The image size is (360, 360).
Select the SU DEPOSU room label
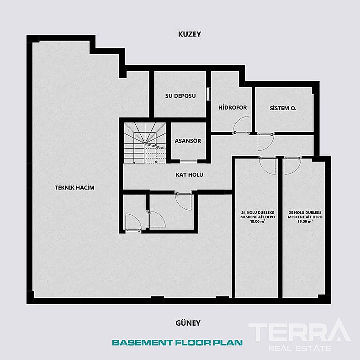180,96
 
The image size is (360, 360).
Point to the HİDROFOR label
233,107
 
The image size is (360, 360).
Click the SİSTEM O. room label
283,108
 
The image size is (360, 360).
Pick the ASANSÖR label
188,141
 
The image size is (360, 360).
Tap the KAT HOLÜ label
190,175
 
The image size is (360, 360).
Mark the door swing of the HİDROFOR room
241,125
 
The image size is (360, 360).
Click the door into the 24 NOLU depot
268,165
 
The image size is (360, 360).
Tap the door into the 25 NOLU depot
291,165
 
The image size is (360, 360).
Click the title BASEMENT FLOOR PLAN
177,342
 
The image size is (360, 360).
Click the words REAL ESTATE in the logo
299,349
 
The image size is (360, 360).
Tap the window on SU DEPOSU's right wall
208,94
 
